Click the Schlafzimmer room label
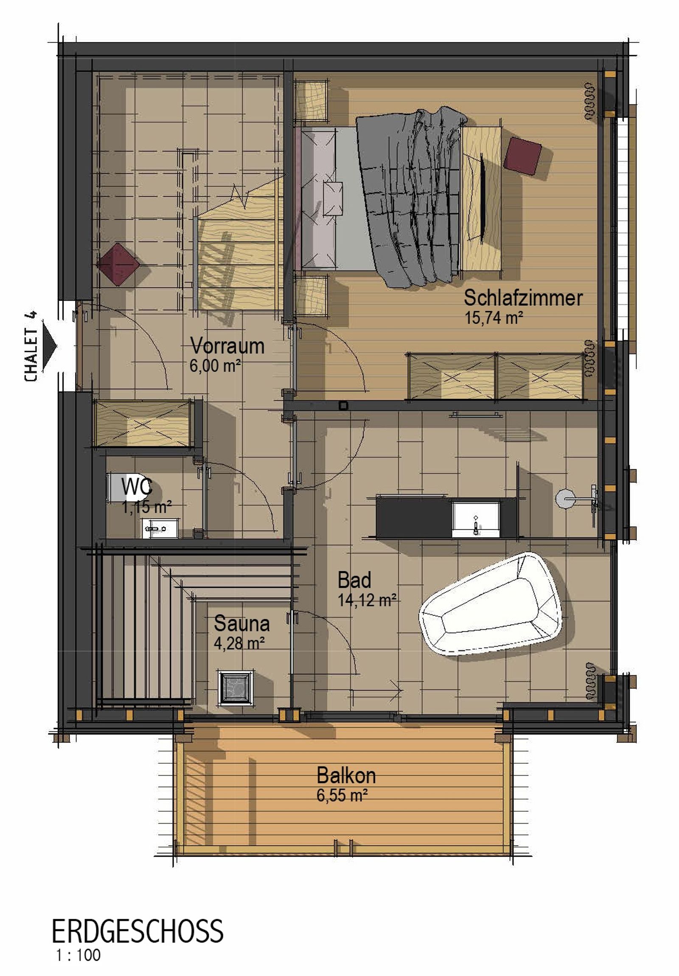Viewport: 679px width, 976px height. pos(522,298)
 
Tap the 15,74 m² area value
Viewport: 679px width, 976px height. pos(493,317)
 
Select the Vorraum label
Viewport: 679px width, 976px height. pos(227,345)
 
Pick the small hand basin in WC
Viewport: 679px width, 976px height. pos(160,528)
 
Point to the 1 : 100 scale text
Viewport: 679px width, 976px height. pos(78,955)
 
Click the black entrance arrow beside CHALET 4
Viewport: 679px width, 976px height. pos(49,346)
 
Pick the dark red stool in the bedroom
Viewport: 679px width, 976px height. pos(522,156)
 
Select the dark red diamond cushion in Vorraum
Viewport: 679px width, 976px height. pos(118,264)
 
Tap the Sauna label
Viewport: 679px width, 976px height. pos(241,624)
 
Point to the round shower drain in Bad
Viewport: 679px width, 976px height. pos(565,498)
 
